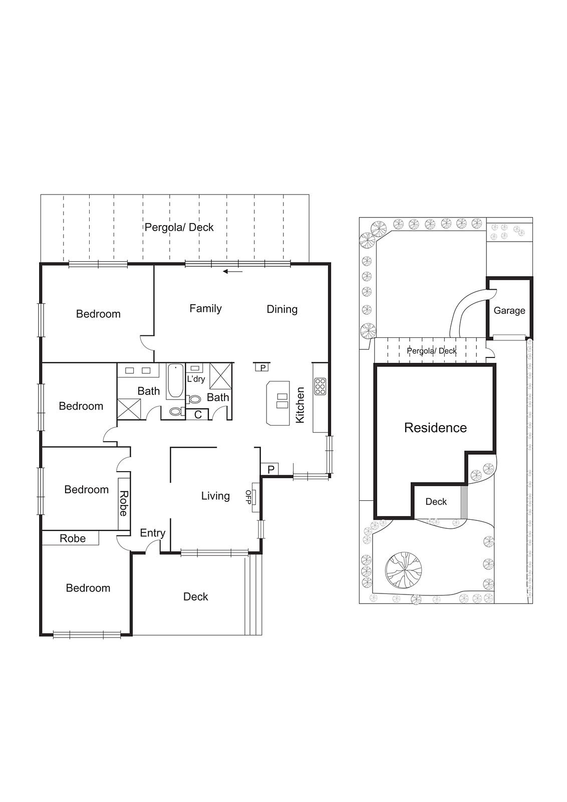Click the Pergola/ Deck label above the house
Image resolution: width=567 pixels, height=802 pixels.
[179, 228]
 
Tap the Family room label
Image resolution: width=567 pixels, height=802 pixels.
[205, 309]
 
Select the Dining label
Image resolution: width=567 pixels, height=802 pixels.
[281, 309]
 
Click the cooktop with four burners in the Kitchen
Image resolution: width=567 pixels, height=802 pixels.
[320, 386]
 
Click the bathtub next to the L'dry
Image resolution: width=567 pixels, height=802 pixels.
[175, 381]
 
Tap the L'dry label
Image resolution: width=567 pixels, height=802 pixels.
[196, 379]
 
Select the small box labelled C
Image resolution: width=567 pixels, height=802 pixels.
[198, 415]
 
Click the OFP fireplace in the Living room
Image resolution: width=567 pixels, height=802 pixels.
[254, 497]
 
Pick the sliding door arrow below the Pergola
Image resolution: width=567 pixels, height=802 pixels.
[232, 272]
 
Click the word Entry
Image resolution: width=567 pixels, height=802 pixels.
[152, 533]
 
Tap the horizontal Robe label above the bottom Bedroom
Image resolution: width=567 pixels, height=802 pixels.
[73, 538]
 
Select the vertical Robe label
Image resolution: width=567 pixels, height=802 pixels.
[123, 503]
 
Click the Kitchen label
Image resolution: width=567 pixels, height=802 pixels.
[300, 405]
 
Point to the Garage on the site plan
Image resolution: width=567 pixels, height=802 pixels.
[509, 310]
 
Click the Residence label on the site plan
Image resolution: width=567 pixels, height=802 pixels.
[435, 428]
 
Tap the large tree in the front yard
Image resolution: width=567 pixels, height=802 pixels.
[403, 570]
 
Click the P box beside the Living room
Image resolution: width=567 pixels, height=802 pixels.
[270, 470]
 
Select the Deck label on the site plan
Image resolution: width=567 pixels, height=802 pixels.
[436, 502]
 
